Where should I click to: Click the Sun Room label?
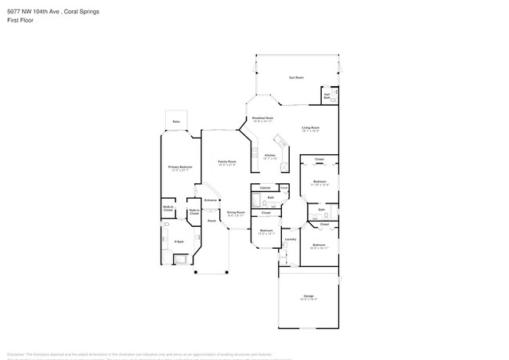coord(296,77)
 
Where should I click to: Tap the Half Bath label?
coord(327,96)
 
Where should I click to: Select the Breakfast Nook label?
coord(262,119)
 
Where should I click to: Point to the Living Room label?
coord(311,128)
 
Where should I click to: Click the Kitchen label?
coord(270,156)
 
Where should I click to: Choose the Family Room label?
coord(227,162)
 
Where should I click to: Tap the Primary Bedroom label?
coord(180,167)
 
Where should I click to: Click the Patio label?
coord(175,122)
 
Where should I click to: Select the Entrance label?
coord(210,201)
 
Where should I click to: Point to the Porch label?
coord(211,221)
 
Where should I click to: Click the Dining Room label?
coord(236,212)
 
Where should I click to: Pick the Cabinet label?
coord(265,188)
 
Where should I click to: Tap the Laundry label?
coord(290,239)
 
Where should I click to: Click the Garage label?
coord(309,295)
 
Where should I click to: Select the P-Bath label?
coord(178,242)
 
